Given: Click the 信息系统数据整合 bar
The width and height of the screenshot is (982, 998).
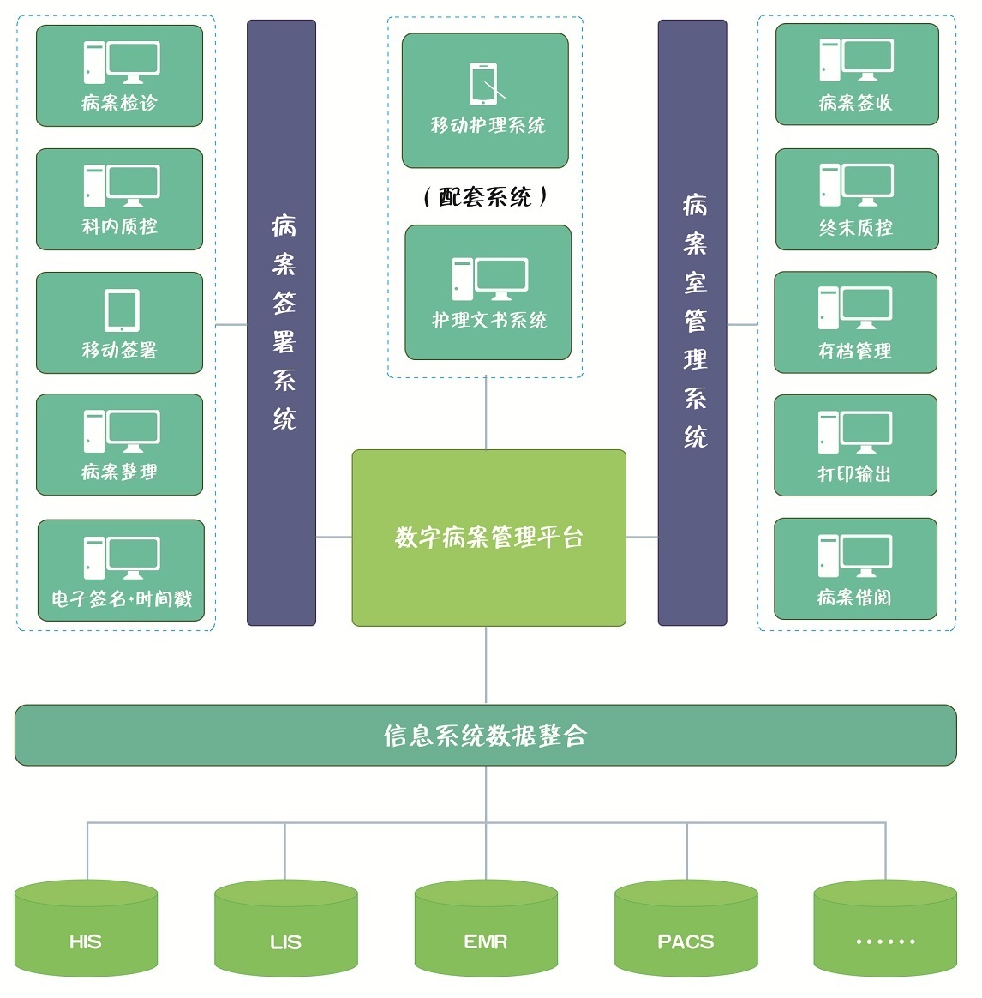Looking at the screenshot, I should pyautogui.click(x=485, y=735).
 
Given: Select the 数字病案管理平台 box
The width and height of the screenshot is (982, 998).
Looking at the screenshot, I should pyautogui.click(x=488, y=538).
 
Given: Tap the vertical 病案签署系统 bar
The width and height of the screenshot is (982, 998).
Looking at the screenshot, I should pyautogui.click(x=282, y=322).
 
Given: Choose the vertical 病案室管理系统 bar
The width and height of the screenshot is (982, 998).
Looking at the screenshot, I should pyautogui.click(x=692, y=322).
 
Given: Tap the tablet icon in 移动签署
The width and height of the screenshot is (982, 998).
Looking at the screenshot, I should pyautogui.click(x=122, y=310).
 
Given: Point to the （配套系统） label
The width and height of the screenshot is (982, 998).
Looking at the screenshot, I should pyautogui.click(x=485, y=197).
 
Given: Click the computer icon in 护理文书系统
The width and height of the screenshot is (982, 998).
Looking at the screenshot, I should pyautogui.click(x=489, y=279).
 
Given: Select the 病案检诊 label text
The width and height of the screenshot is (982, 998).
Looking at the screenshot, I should pyautogui.click(x=119, y=104).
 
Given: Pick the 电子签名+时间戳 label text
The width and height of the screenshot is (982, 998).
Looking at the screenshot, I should pyautogui.click(x=122, y=598).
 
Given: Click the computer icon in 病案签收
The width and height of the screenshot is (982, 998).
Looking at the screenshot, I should pyautogui.click(x=856, y=60).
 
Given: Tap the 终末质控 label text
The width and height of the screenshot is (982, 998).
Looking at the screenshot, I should pyautogui.click(x=856, y=228).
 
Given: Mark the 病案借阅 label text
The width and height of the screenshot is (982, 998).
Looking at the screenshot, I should pyautogui.click(x=854, y=598).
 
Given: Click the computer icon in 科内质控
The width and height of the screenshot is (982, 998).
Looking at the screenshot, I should pyautogui.click(x=121, y=185).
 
